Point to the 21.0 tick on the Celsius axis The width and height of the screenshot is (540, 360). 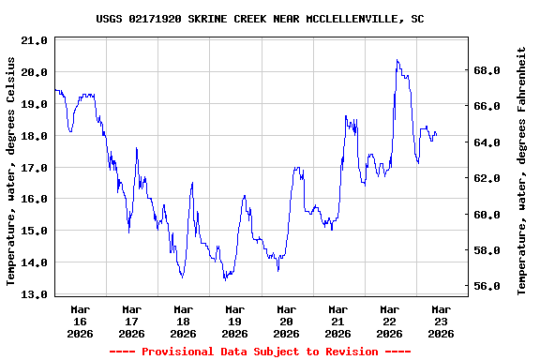pyautogui.click(x=35, y=40)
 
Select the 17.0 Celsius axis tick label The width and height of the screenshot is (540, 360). pyautogui.click(x=35, y=168)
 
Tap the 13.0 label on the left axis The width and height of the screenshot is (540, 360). pyautogui.click(x=35, y=294)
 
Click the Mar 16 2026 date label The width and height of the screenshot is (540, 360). pyautogui.click(x=81, y=321)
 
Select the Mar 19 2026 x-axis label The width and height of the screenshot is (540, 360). pyautogui.click(x=235, y=321)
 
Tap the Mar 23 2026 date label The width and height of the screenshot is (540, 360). pyautogui.click(x=441, y=321)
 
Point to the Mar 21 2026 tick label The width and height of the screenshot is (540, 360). pyautogui.click(x=337, y=321)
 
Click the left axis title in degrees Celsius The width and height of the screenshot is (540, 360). pyautogui.click(x=12, y=171)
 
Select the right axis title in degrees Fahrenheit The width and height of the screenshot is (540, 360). pyautogui.click(x=522, y=171)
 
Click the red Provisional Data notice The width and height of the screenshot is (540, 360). pyautogui.click(x=260, y=352)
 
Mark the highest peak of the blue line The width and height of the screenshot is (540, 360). pyautogui.click(x=397, y=60)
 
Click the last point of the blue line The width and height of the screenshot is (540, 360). pyautogui.click(x=436, y=135)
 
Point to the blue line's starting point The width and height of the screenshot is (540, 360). pyautogui.click(x=55, y=90)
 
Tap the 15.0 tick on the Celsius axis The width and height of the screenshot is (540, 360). pyautogui.click(x=35, y=231)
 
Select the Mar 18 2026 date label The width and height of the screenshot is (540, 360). pyautogui.click(x=184, y=321)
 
